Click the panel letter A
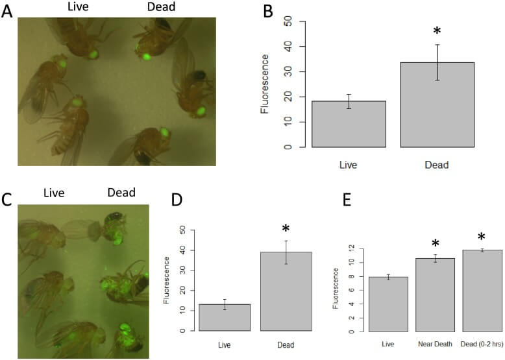pos(7,11)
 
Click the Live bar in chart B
pos(349,124)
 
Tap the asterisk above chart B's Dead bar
pos(436,32)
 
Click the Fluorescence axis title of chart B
pos(265,84)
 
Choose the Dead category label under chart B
pos(437,165)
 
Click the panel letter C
pos(7,200)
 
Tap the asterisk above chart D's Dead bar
pos(286,229)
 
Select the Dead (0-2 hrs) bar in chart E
pos(481,291)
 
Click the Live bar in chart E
pos(389,304)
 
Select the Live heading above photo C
pos(59,193)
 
